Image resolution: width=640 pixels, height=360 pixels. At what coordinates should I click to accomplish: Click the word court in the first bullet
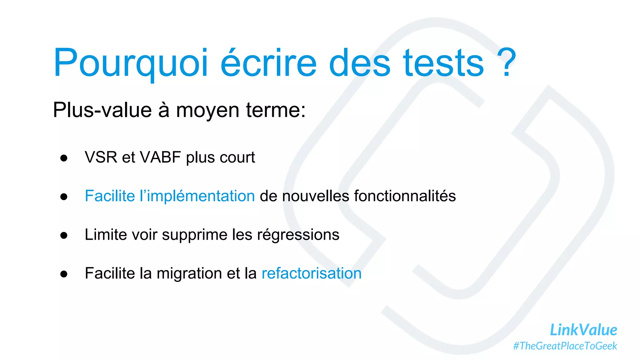237,157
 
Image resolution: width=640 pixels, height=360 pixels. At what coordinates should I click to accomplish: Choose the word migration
189,274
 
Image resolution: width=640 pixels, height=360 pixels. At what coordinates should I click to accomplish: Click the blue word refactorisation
312,273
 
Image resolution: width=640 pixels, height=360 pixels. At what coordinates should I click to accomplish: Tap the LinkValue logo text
583,330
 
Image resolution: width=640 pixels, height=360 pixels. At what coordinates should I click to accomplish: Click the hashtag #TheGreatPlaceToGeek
565,346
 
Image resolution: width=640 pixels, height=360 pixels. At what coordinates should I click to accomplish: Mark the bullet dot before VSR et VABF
64,158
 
